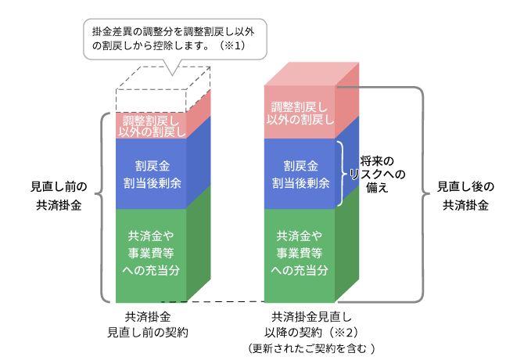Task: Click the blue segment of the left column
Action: tap(152, 174)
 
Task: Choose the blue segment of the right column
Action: tap(301, 174)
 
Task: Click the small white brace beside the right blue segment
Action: tap(342, 174)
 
